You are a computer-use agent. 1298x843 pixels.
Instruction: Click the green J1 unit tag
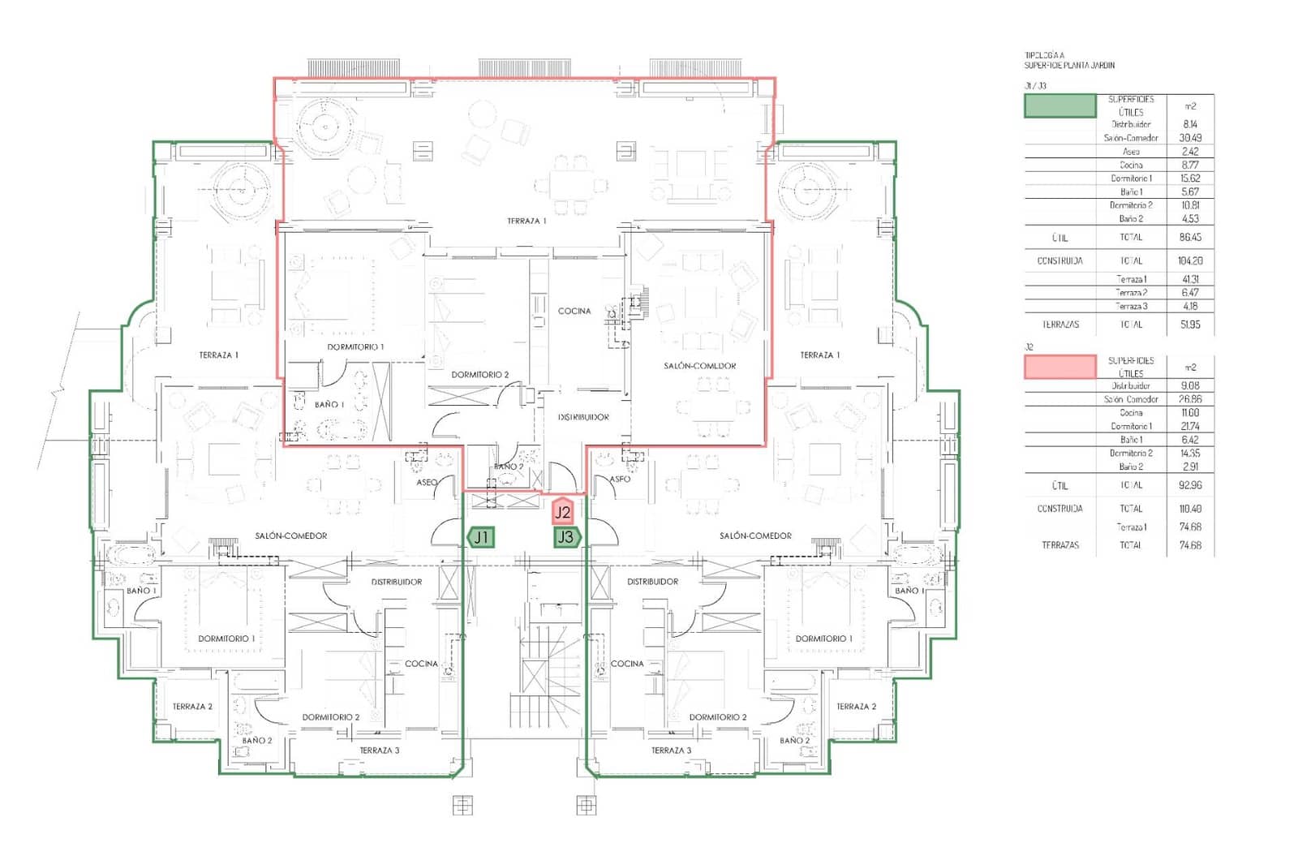pyautogui.click(x=481, y=536)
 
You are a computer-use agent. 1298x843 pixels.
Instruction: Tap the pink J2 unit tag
pyautogui.click(x=563, y=512)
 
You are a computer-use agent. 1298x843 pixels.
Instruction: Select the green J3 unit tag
pyautogui.click(x=566, y=536)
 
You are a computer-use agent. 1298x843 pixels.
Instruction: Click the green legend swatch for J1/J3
pyautogui.click(x=1059, y=105)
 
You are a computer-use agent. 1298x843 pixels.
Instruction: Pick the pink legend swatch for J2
pyautogui.click(x=1059, y=367)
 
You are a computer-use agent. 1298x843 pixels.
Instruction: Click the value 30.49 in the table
pyautogui.click(x=1190, y=138)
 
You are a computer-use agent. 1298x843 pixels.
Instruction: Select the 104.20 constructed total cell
pyautogui.click(x=1190, y=260)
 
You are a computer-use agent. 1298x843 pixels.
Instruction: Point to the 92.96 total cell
pyautogui.click(x=1190, y=485)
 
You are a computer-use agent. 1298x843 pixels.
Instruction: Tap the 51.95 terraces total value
pyautogui.click(x=1190, y=324)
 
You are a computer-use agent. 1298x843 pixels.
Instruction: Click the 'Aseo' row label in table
pyautogui.click(x=1131, y=152)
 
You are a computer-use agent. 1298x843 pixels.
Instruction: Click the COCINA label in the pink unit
pyautogui.click(x=574, y=311)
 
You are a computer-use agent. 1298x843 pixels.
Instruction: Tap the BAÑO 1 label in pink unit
pyautogui.click(x=329, y=404)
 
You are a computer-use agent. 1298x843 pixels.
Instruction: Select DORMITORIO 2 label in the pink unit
pyautogui.click(x=480, y=374)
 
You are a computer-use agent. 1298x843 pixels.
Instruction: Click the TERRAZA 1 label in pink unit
pyautogui.click(x=527, y=221)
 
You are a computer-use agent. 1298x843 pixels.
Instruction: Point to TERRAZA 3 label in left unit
pyautogui.click(x=380, y=751)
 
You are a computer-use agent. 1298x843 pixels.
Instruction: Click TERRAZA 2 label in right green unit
pyautogui.click(x=856, y=707)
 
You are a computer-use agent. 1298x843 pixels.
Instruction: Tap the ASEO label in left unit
pyautogui.click(x=427, y=482)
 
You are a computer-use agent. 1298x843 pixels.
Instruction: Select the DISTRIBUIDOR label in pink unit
pyautogui.click(x=583, y=417)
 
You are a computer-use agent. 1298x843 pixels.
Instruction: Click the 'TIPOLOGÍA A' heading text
pyautogui.click(x=1044, y=56)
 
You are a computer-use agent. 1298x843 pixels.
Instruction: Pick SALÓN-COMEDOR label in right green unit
pyautogui.click(x=755, y=535)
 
